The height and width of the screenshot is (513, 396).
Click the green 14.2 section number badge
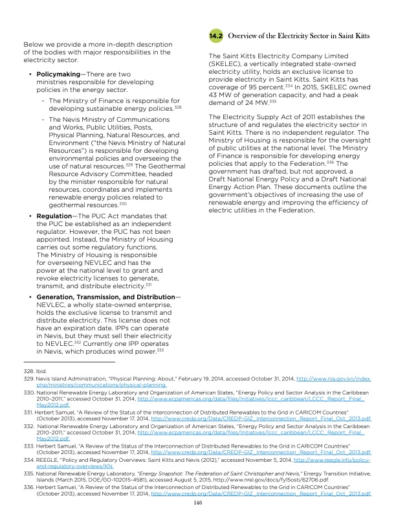pos(215,38)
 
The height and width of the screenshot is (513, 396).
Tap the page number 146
pos(198,501)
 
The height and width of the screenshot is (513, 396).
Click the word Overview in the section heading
pos(247,38)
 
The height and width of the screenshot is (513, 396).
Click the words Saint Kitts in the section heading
pos(353,38)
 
